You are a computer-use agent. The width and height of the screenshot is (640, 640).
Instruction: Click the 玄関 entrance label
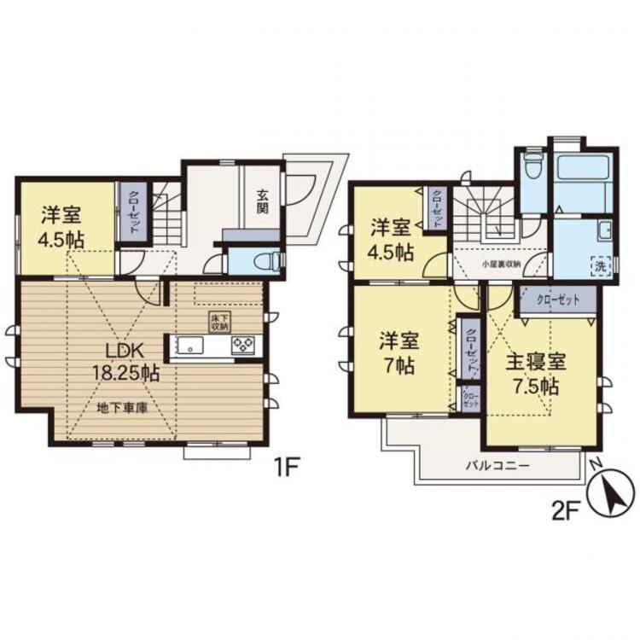[x=262, y=201]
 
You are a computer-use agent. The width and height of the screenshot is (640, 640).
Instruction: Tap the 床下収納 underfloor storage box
[x=218, y=322]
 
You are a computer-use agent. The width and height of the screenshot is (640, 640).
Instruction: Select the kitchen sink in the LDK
[x=189, y=346]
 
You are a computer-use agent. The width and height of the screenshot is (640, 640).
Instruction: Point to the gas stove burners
[x=242, y=346]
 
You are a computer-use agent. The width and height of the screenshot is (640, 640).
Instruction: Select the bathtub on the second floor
[x=579, y=180]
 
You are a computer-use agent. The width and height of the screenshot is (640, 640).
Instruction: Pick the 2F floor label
[x=567, y=510]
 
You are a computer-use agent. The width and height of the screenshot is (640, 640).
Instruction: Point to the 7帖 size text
[x=399, y=368]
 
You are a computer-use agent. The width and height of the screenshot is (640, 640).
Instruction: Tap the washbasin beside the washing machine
[x=604, y=230]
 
